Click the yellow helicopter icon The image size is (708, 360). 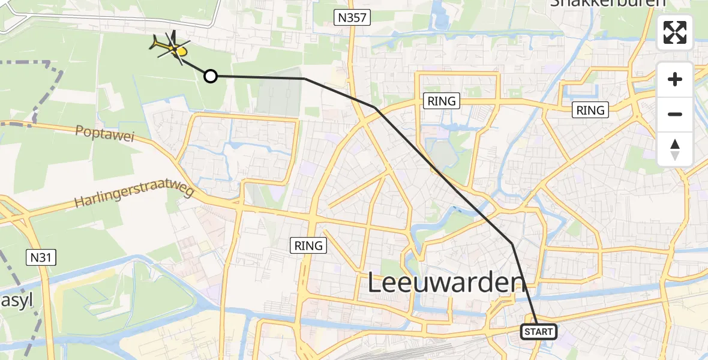172,47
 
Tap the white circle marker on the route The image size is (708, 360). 210,76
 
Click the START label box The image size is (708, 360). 538,332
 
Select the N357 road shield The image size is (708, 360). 352,18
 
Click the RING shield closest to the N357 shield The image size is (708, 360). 442,101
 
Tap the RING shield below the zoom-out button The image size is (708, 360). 590,110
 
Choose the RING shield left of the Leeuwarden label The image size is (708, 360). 308,245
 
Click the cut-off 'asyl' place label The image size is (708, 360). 17,298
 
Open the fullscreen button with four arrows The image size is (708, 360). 675,32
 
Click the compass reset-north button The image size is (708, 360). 675,149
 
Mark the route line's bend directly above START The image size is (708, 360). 512,244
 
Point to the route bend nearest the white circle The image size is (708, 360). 305,79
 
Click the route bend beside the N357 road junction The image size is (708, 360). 375,107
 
